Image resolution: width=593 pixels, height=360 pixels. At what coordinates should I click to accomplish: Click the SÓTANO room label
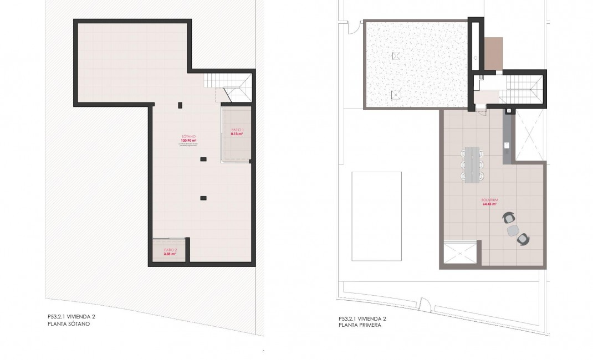188,136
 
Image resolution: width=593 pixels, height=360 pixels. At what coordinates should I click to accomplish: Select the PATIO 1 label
237,129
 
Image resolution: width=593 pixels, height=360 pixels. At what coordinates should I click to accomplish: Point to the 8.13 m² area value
237,133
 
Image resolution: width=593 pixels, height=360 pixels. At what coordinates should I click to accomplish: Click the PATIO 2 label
170,250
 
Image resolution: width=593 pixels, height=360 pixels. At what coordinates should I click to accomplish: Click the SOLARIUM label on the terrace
489,200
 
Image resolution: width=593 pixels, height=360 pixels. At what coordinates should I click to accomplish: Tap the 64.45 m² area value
489,204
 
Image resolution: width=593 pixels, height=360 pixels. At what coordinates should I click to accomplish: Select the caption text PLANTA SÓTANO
69,325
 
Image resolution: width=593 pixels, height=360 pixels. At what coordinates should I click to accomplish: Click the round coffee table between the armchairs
513,229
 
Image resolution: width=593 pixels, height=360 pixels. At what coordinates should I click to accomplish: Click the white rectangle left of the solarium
377,215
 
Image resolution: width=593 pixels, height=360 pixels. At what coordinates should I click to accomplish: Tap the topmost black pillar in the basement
180,105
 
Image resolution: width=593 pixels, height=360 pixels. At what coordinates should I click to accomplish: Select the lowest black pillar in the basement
203,197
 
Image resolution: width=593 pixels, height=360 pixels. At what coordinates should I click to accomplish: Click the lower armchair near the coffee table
523,239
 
